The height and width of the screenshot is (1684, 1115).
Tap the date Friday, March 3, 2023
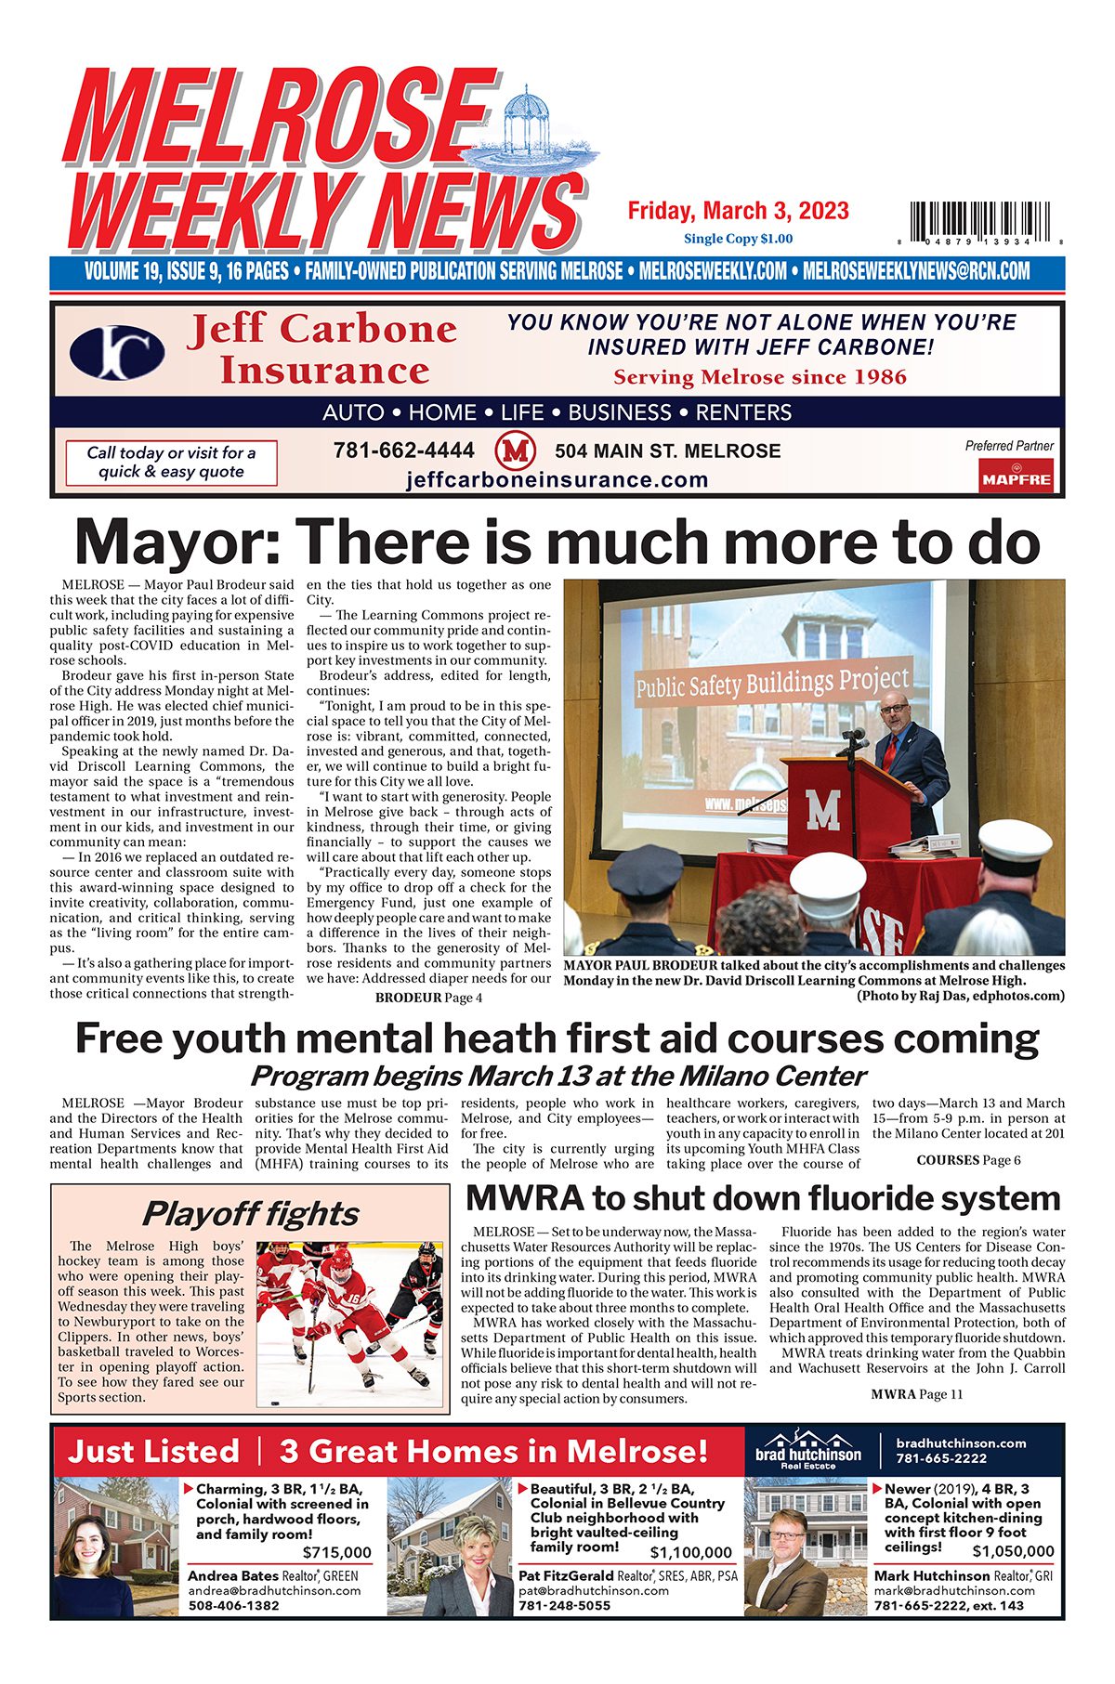[x=738, y=211]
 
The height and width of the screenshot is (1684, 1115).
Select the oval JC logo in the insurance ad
[x=117, y=353]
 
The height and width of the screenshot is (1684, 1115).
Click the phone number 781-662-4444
[x=403, y=450]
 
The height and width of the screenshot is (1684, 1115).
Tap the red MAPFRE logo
[x=1016, y=476]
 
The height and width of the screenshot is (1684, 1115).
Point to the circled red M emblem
[x=516, y=451]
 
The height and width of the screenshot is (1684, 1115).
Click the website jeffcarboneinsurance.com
[x=557, y=480]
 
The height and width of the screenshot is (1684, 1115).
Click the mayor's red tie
[x=889, y=751]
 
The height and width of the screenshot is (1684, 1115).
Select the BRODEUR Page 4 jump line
[x=428, y=998]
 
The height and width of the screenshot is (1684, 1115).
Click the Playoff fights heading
[x=250, y=1214]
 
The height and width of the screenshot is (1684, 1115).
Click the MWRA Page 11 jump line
[x=916, y=1393]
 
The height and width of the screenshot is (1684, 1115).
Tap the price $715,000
[x=336, y=1552]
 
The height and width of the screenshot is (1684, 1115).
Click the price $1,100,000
[x=690, y=1552]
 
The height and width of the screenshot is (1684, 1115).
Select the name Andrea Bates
[x=232, y=1575]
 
